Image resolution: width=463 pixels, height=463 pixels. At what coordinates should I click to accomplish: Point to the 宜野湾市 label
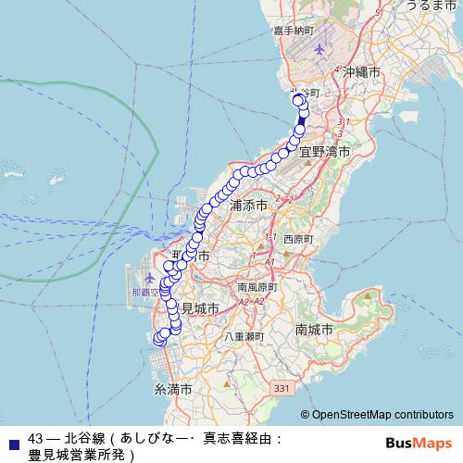coord(324,152)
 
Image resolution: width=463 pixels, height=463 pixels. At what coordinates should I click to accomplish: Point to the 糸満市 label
coord(172,390)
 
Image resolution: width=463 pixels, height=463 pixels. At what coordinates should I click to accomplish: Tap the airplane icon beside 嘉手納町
coord(320,49)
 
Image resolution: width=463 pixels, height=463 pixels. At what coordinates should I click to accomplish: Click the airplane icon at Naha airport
coord(151,278)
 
